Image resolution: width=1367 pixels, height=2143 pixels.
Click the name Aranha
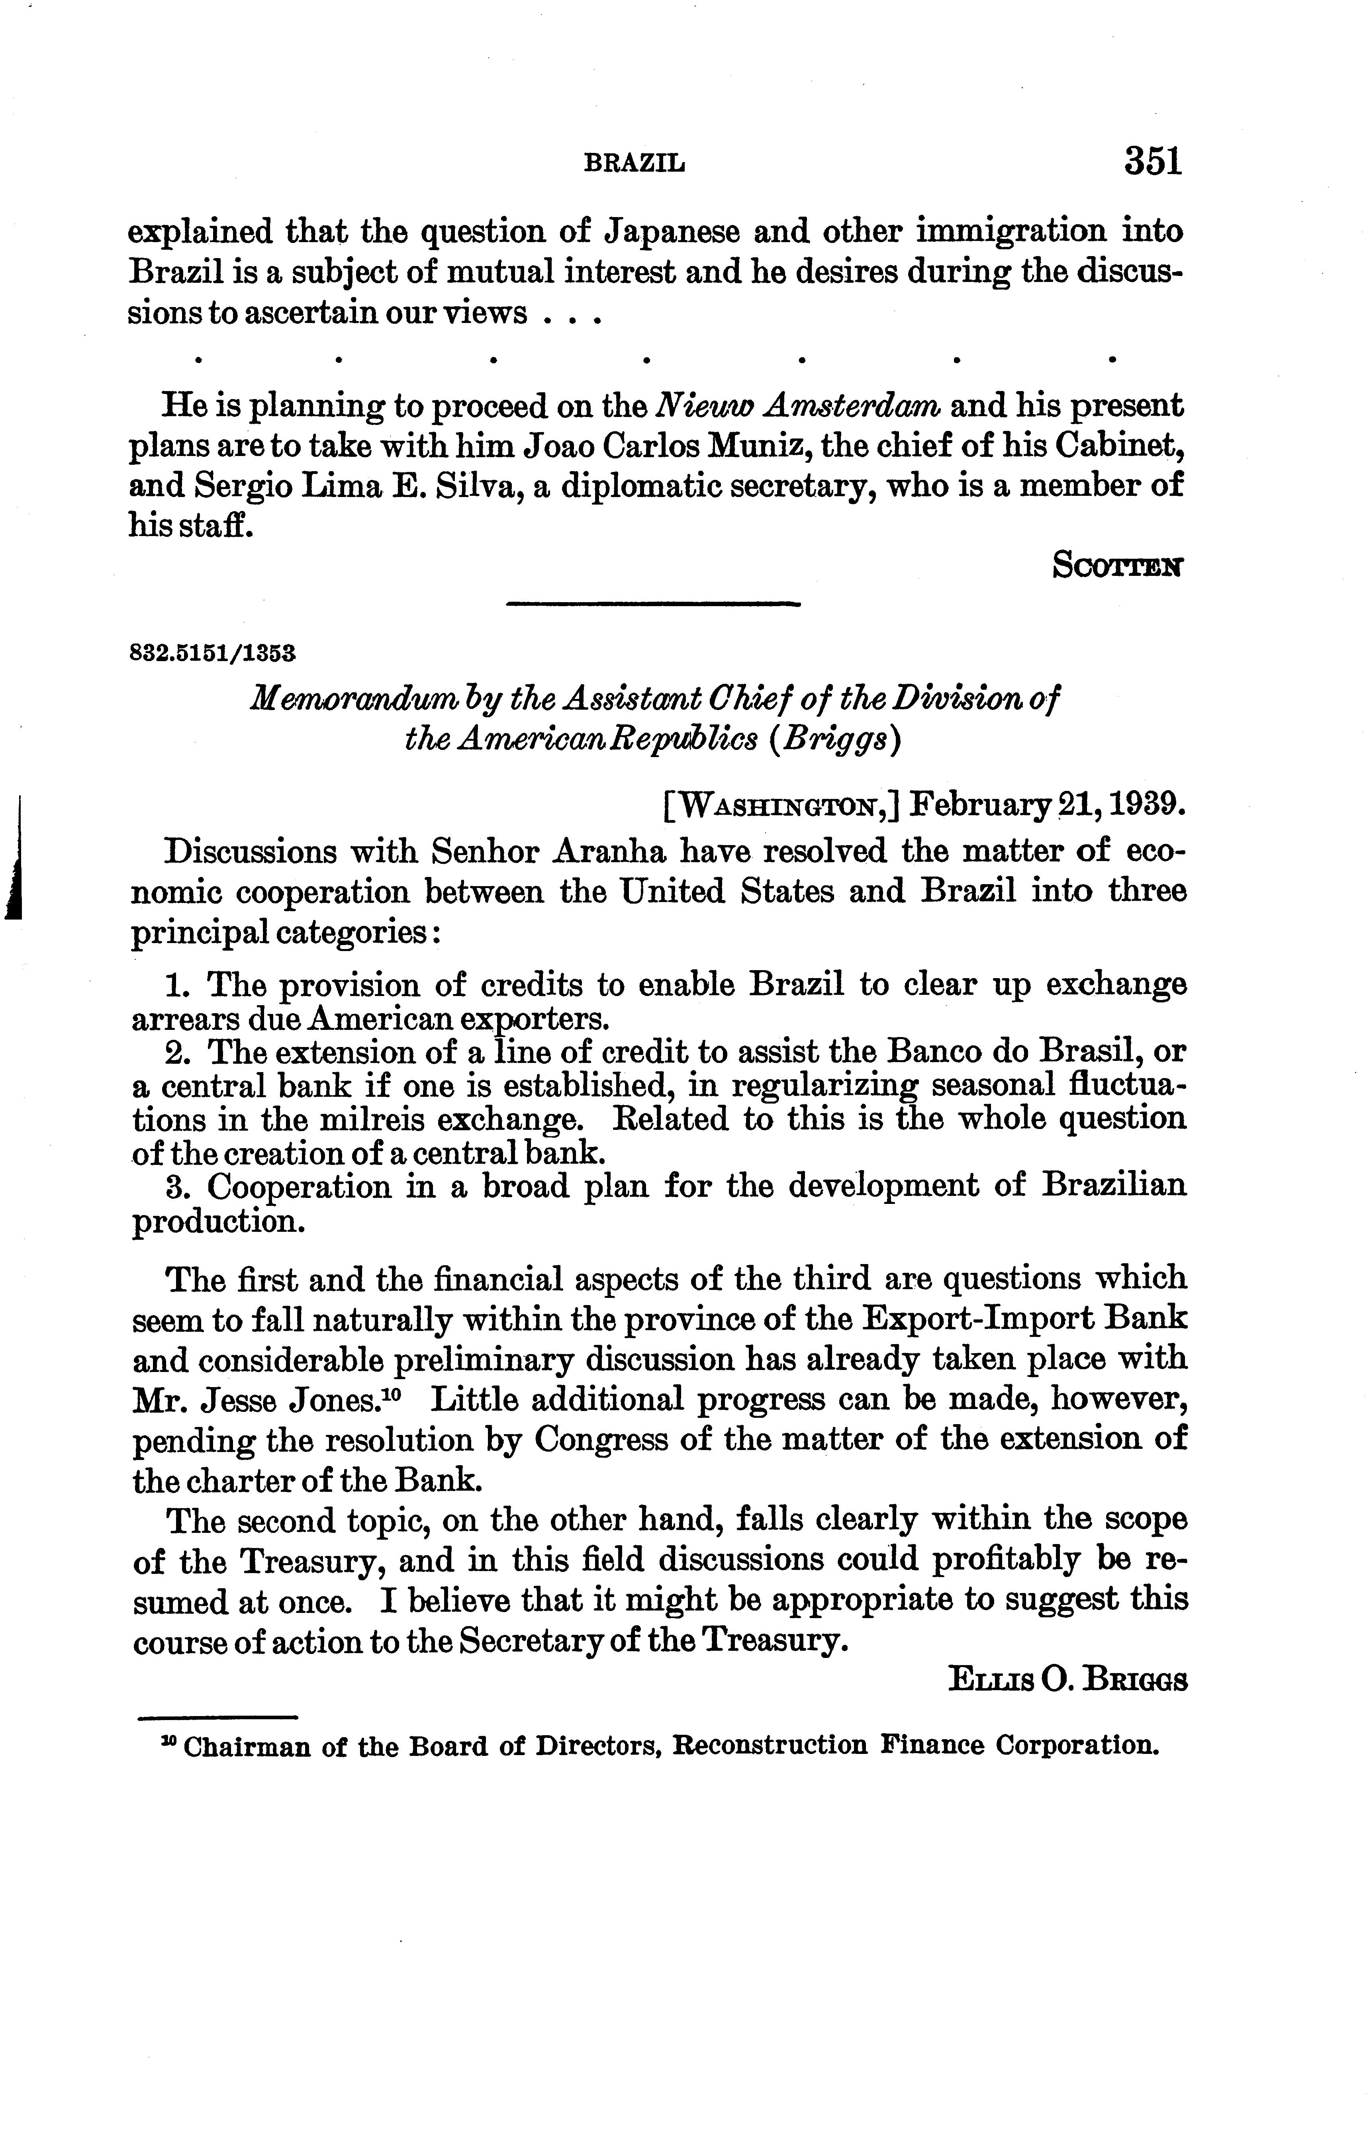tap(610, 853)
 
